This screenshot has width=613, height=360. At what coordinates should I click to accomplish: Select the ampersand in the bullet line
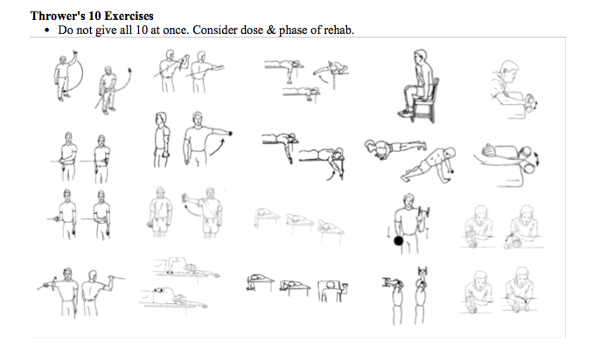(x=271, y=30)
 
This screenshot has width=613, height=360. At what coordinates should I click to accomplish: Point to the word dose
(x=252, y=30)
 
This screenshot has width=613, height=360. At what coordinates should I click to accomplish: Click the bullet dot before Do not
(x=47, y=31)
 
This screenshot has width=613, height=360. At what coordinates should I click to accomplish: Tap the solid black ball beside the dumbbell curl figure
(x=399, y=241)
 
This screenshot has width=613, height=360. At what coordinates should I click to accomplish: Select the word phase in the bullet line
(x=293, y=30)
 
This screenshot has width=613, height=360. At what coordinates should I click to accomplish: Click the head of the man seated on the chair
(x=421, y=56)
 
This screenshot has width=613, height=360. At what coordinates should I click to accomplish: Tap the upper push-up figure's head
(x=370, y=146)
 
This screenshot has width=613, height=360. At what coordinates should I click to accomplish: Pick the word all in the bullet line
(x=126, y=30)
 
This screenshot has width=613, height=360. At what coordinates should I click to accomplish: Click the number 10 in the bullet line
(x=141, y=30)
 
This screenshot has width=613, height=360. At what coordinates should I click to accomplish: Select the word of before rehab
(x=315, y=30)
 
